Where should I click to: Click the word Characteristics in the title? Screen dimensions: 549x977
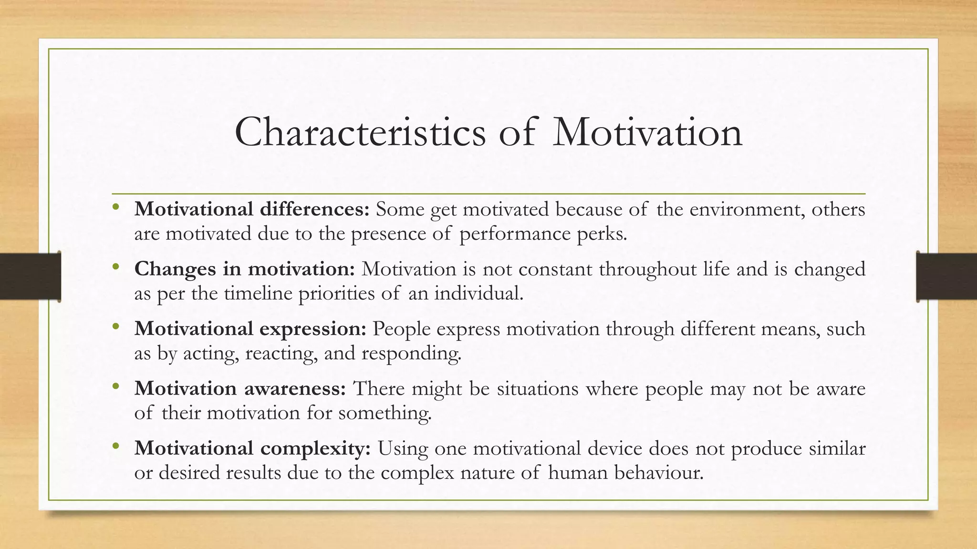coord(360,132)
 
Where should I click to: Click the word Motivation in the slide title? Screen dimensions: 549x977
coord(647,132)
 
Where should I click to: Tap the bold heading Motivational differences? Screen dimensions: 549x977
coord(252,210)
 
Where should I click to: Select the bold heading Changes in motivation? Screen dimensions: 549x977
coord(245,269)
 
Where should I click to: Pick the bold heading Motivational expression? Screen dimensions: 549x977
coord(250,329)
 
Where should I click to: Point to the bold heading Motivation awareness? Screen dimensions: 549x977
coord(240,389)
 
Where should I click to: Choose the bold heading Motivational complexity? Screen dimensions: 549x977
coord(252,448)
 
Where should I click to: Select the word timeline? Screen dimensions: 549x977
coord(258,294)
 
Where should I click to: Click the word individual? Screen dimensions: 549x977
coord(478,294)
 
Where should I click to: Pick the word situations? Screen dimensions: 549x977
coord(538,389)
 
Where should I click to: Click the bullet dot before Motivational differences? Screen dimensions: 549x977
coord(116,208)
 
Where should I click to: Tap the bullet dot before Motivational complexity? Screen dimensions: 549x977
coord(116,447)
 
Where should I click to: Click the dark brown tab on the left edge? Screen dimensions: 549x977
coord(30,276)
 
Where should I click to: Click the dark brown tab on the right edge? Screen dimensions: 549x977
coord(946,276)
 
